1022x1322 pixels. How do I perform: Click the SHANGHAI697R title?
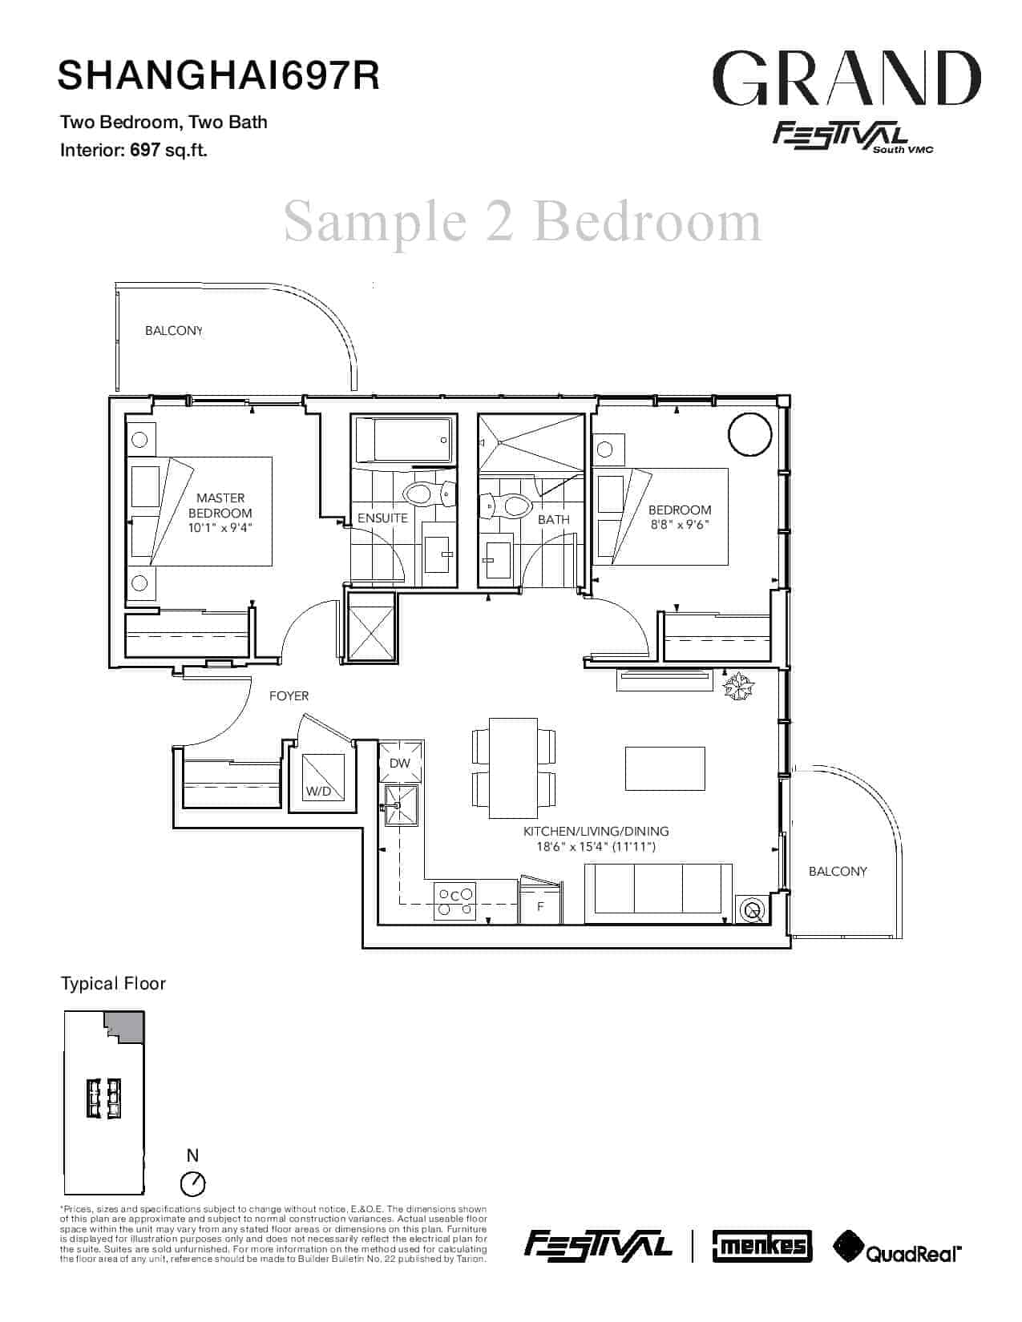click(219, 75)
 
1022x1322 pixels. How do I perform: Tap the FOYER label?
click(289, 696)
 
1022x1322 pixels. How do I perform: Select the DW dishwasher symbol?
click(400, 763)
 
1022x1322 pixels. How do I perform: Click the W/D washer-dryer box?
click(322, 777)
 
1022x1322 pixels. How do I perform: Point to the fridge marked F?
click(540, 906)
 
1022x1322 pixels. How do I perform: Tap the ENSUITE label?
click(382, 518)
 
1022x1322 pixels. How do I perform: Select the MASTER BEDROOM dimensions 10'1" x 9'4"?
click(220, 528)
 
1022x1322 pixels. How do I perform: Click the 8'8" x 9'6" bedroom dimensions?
click(680, 525)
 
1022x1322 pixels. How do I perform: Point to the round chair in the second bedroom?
click(750, 433)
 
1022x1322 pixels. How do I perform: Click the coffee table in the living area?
click(665, 769)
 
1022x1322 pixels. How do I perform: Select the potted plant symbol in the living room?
click(739, 687)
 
